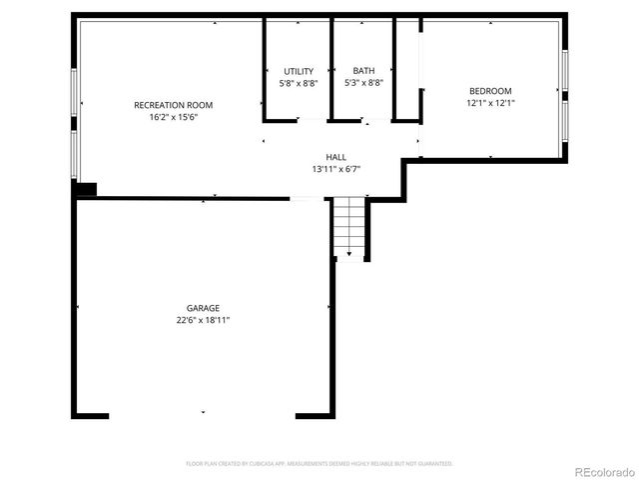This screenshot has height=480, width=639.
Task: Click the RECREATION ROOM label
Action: [173, 105]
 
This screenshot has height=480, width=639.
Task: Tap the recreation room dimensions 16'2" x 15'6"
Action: [173, 118]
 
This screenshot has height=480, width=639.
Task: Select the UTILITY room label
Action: [299, 71]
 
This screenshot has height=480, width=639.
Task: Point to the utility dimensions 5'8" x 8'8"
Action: [299, 83]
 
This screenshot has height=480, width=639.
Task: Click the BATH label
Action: [363, 71]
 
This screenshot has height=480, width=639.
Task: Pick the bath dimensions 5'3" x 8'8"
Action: [363, 83]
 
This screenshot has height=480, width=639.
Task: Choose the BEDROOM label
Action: [489, 91]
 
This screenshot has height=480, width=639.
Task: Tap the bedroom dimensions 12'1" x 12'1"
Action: [489, 103]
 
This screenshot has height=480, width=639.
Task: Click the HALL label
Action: [335, 157]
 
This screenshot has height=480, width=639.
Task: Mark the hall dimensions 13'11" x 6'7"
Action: [335, 169]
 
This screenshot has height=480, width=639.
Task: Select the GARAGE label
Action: [203, 308]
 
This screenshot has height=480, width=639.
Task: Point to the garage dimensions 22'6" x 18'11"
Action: [203, 321]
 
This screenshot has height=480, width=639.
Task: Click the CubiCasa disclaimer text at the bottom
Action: [319, 464]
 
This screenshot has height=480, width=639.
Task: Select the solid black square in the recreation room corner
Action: [85, 188]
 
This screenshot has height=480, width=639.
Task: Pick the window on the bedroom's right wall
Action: [565, 92]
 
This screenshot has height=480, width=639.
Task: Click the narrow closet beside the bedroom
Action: [407, 70]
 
